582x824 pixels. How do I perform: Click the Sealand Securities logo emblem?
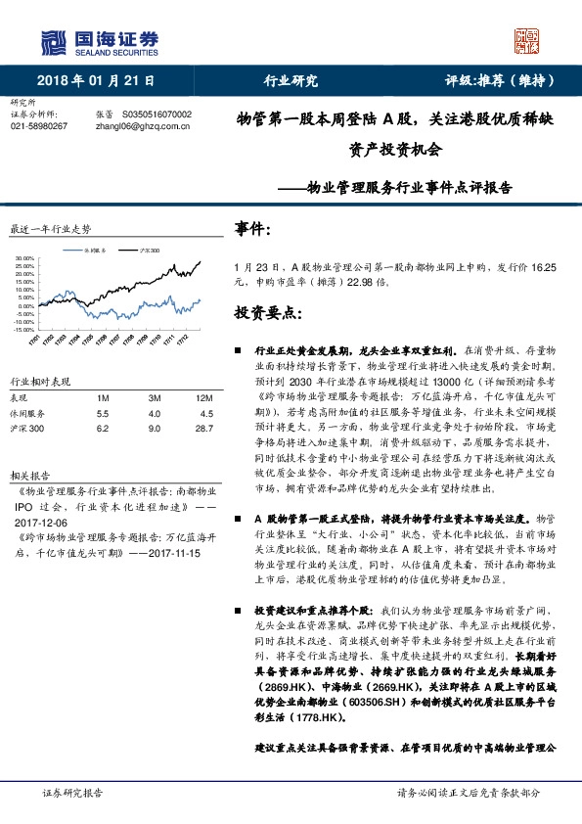[52, 41]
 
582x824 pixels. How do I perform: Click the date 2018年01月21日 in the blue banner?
[95, 81]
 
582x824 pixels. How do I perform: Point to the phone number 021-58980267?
[38, 126]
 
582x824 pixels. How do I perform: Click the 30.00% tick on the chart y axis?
[22, 259]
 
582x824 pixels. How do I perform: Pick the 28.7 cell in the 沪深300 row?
[203, 429]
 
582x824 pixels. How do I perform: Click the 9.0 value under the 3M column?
[155, 429]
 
